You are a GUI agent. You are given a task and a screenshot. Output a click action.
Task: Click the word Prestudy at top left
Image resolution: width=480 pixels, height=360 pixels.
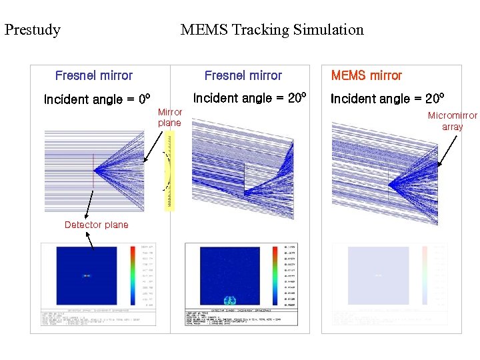(x=32, y=30)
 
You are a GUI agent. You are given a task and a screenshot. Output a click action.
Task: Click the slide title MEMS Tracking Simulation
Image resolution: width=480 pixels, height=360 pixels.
(x=272, y=30)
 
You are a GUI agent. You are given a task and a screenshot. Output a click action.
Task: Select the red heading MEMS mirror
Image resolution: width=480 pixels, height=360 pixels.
(x=366, y=75)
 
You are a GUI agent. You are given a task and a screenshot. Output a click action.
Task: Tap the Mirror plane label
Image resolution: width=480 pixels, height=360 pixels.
(x=169, y=117)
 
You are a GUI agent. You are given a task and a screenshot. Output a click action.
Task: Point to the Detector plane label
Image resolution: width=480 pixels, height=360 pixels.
(x=96, y=225)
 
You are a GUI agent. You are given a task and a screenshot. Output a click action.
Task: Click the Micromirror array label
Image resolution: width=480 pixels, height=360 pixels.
(x=452, y=121)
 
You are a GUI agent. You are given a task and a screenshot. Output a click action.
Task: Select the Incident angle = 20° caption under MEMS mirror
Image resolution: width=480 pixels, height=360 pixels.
(x=387, y=99)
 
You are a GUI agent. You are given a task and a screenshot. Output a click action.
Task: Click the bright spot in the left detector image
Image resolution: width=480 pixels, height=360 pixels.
(x=87, y=275)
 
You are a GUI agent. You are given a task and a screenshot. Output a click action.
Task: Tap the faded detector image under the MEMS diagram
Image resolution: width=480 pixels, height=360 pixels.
(x=378, y=275)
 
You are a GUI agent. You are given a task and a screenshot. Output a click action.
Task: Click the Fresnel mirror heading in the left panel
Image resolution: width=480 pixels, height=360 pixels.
(x=94, y=75)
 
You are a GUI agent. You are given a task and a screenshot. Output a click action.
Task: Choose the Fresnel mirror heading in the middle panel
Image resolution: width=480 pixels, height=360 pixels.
(x=243, y=75)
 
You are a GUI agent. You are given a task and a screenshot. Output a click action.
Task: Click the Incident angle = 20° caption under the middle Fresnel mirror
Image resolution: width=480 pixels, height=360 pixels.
(x=249, y=98)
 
